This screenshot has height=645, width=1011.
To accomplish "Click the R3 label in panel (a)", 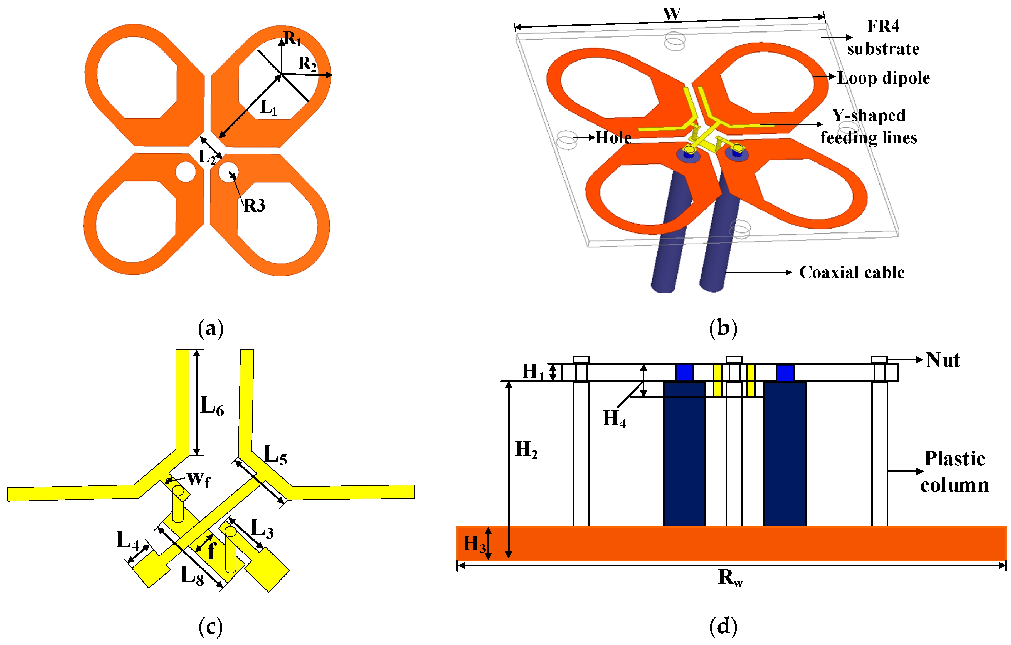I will click(255, 206).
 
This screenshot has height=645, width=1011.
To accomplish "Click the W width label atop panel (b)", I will click(672, 14).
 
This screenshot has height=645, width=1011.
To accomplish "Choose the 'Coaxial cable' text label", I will click(852, 273).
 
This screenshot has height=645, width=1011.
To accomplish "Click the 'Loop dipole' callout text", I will click(883, 78).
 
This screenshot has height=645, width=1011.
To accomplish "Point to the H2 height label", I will click(526, 450).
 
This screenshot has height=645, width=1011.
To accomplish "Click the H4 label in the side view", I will click(614, 419).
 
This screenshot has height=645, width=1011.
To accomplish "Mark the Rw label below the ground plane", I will click(731, 578).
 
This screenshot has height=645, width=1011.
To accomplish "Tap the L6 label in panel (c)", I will click(212, 406).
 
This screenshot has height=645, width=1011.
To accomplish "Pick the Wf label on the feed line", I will click(198, 479).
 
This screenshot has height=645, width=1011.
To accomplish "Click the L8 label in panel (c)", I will click(192, 576).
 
